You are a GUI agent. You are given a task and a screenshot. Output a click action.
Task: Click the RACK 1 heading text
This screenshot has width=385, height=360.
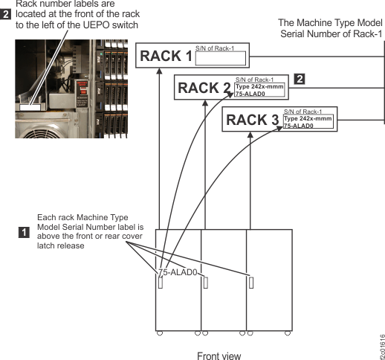click(166, 56)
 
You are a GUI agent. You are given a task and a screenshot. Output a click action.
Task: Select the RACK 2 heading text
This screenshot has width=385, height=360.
click(204, 88)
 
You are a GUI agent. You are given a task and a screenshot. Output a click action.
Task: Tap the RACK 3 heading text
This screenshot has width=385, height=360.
click(253, 120)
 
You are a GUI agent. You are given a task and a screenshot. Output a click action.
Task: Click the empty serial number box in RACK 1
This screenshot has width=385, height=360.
click(221, 58)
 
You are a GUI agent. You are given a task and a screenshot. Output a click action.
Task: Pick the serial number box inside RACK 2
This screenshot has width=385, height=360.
click(259, 90)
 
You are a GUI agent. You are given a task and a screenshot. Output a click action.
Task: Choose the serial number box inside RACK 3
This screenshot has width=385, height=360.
click(308, 121)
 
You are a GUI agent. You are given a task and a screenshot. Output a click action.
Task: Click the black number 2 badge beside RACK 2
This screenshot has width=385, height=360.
click(300, 79)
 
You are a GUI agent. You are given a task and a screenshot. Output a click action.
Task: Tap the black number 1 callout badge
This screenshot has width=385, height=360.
click(24, 233)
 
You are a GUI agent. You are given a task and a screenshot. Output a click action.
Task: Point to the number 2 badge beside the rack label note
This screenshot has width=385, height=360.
click(5, 14)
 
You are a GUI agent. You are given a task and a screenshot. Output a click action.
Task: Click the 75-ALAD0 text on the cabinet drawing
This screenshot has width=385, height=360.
click(178, 272)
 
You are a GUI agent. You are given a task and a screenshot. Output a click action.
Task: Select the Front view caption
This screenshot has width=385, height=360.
click(219, 356)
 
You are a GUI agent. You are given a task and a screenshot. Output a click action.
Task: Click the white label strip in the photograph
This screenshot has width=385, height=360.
click(30, 107)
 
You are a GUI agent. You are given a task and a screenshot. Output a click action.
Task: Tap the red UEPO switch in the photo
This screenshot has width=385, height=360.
click(83, 91)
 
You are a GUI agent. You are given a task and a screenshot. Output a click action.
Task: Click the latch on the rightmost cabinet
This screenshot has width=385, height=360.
click(251, 283)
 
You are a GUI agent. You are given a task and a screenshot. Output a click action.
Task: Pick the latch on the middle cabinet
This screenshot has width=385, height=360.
click(205, 283)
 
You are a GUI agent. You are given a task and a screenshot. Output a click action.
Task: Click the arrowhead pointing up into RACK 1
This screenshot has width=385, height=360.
click(160, 71)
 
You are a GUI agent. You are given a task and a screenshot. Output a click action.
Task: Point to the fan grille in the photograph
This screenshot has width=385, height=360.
click(42, 132)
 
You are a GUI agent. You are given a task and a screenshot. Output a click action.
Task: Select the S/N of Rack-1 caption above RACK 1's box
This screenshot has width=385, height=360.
click(215, 48)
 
